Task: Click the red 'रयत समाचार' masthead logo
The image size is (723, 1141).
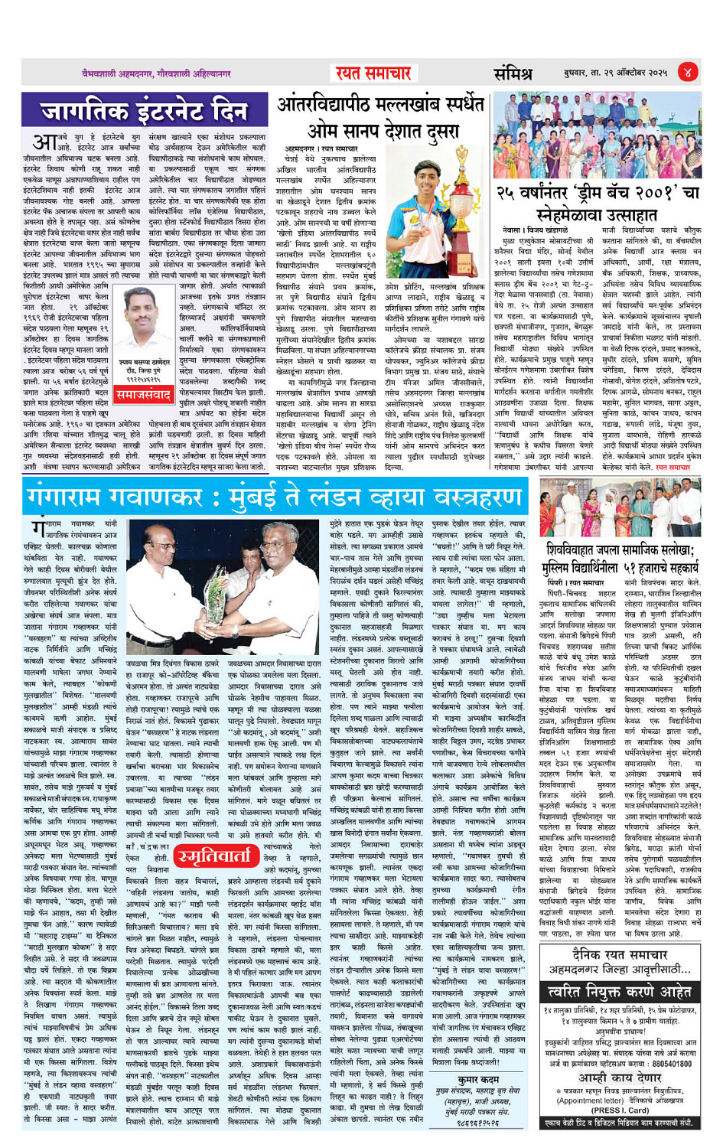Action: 373,73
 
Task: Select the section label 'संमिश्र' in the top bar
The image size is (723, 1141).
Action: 513,73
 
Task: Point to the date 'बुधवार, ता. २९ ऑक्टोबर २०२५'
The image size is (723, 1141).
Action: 615,73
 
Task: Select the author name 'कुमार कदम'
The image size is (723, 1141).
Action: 478,1079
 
